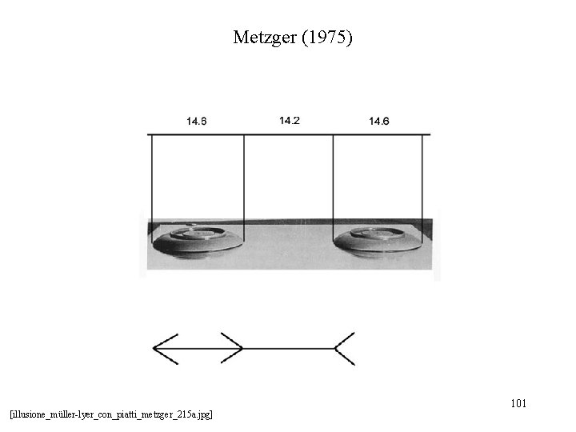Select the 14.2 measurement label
click(x=290, y=121)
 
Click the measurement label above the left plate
click(x=197, y=122)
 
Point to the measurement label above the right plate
click(x=379, y=122)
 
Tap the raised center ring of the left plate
click(x=199, y=233)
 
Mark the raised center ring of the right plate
click(x=378, y=233)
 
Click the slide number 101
click(x=518, y=403)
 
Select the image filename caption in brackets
click(x=111, y=414)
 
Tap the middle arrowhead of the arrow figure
click(x=234, y=348)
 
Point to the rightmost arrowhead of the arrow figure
click(x=343, y=349)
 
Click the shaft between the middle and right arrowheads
click(x=288, y=349)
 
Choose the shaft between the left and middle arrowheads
click(x=196, y=349)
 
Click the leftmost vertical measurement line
click(x=151, y=184)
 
